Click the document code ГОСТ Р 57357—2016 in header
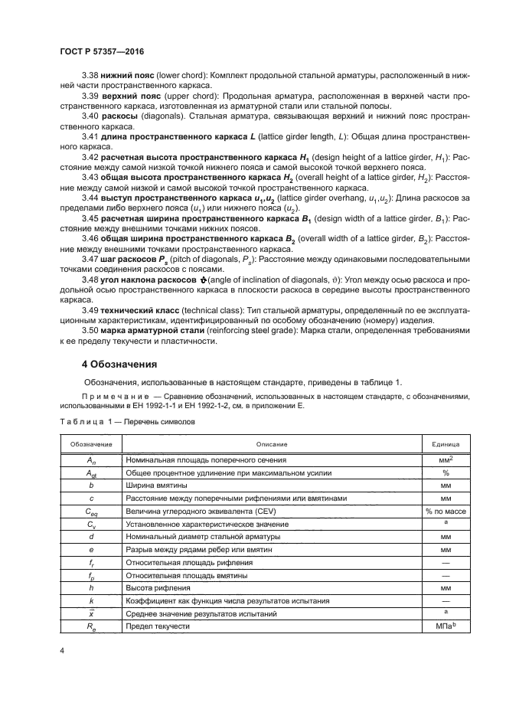pyautogui.click(x=101, y=51)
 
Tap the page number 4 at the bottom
pyautogui.click(x=60, y=651)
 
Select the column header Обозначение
pyautogui.click(x=91, y=444)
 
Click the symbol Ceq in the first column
pyautogui.click(x=91, y=512)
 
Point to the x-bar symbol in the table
pyautogui.click(x=91, y=613)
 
